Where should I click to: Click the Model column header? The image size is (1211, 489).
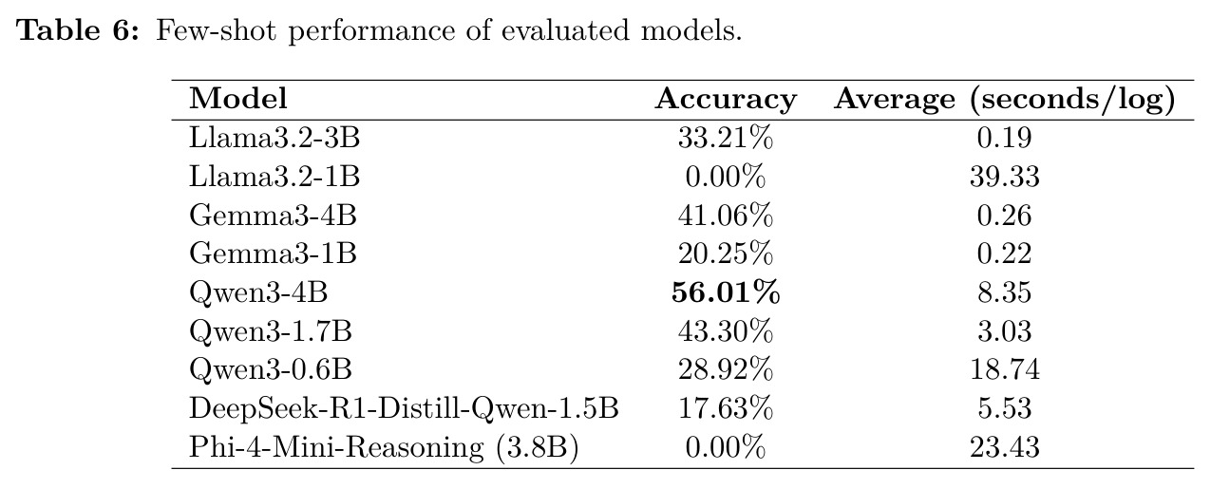pos(237,99)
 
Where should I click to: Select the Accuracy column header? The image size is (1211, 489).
pos(726,100)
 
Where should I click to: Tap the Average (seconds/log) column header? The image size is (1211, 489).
pos(1005,100)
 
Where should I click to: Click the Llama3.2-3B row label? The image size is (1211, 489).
pos(274,138)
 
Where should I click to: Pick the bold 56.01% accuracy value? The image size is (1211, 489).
pos(726,292)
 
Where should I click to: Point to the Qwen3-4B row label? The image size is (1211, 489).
pos(258,292)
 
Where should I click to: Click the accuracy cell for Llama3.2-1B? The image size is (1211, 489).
pos(726,177)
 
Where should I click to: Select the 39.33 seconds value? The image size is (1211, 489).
pos(1005,177)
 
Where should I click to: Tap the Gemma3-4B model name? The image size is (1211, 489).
pos(273,215)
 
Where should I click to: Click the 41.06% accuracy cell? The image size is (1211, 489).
pos(726,215)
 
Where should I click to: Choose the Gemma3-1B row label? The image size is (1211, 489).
pos(273,254)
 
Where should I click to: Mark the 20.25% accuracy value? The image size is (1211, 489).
pos(726,254)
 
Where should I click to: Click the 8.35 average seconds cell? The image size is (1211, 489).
pos(1005,292)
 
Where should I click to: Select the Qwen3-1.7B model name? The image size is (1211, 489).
pos(271,331)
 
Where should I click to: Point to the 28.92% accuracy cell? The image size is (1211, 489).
pos(726,369)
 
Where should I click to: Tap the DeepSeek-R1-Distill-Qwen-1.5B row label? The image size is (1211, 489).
pos(404,408)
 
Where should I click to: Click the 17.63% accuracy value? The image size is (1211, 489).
pos(726,408)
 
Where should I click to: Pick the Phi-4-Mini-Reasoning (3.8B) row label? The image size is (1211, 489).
pos(384,448)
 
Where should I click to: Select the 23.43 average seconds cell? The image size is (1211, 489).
pos(1005,447)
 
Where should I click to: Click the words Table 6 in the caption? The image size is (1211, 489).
pos(78,30)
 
